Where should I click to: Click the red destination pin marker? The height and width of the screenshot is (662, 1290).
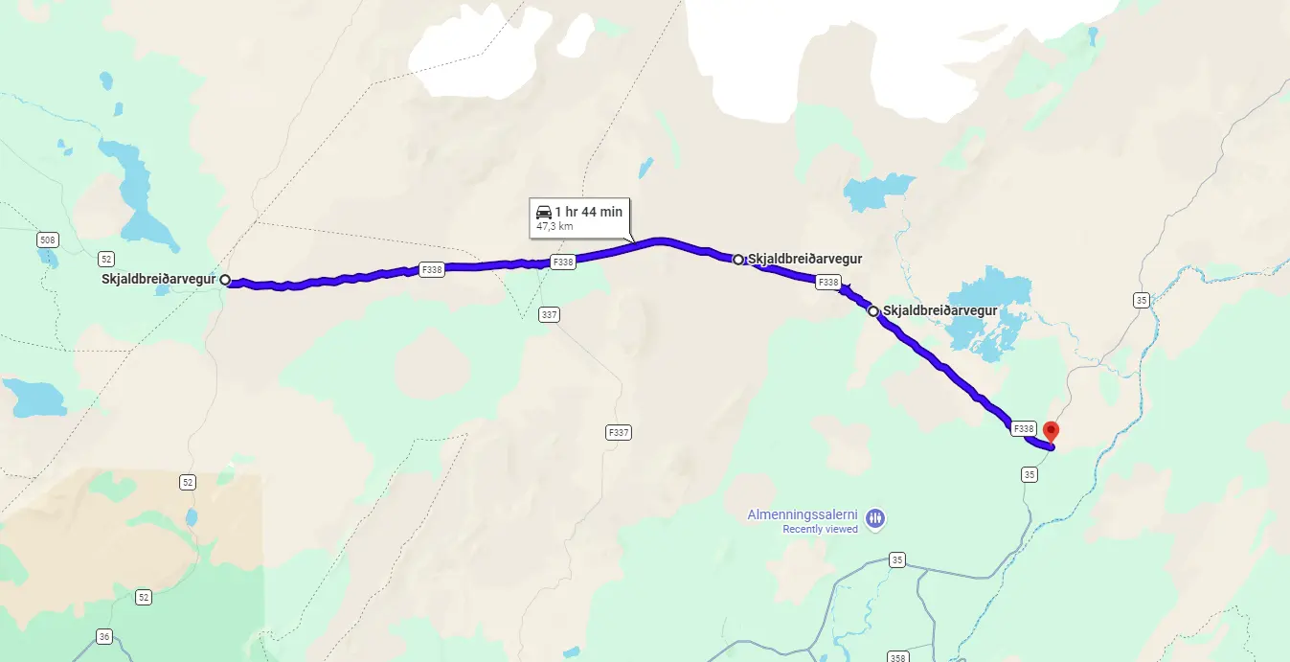(1051, 431)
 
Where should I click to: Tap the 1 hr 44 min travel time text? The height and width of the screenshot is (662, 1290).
(588, 211)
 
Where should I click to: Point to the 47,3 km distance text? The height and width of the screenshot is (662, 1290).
(554, 227)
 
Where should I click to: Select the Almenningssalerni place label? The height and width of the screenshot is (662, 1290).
(803, 514)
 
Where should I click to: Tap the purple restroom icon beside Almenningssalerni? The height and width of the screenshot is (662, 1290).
(875, 519)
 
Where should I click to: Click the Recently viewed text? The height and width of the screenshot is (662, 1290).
(820, 529)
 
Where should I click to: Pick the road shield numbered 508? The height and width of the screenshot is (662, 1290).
(47, 239)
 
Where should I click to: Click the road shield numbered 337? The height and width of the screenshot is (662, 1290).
(549, 314)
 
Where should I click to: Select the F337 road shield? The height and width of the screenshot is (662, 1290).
(619, 432)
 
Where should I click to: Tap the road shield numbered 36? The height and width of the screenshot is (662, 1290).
(104, 636)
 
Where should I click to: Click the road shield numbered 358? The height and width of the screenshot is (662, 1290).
(897, 657)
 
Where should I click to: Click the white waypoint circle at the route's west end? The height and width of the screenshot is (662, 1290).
(225, 280)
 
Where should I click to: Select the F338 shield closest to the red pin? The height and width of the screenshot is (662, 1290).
(1023, 428)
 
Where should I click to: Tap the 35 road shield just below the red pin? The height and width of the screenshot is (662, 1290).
(1030, 474)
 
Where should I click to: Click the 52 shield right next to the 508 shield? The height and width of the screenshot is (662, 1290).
(106, 259)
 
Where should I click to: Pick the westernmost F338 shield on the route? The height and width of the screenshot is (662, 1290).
(432, 270)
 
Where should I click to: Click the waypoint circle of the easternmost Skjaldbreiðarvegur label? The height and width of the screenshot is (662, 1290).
(873, 311)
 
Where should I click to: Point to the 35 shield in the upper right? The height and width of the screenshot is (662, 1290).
(1141, 300)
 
